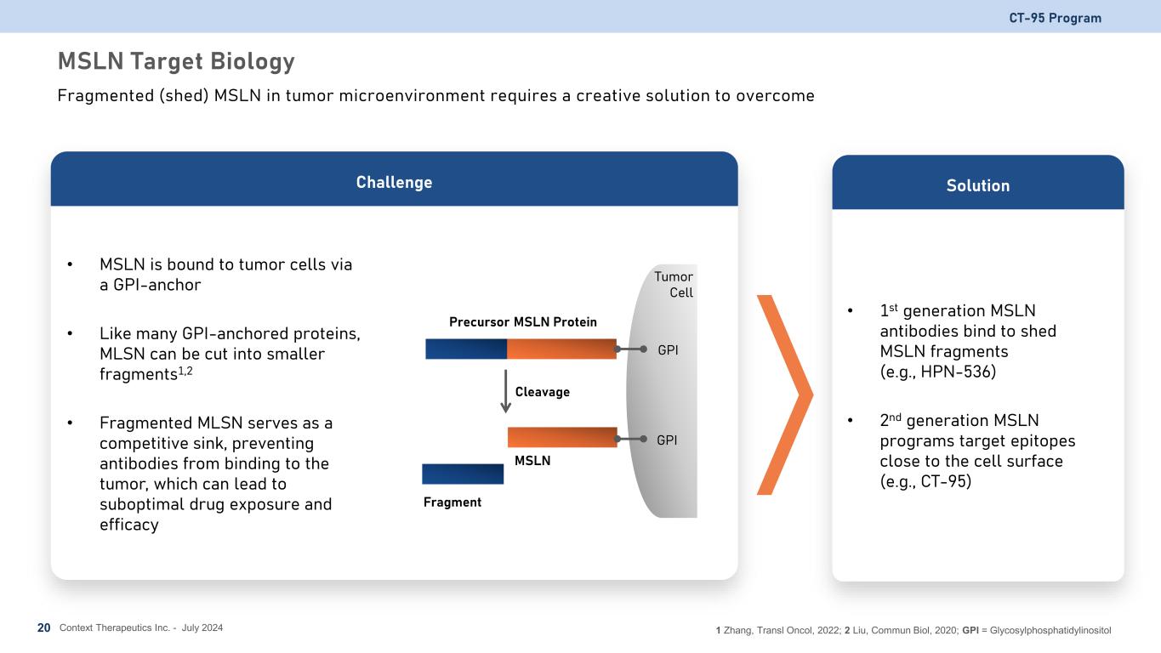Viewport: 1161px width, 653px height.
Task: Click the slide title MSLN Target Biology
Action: [176, 61]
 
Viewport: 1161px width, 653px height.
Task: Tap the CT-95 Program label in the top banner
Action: [1055, 18]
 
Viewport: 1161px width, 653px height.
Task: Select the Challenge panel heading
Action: [394, 183]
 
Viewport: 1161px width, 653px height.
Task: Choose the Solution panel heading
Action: [978, 185]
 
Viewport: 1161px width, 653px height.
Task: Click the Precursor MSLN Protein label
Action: [523, 322]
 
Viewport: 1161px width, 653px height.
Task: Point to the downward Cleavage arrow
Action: [506, 391]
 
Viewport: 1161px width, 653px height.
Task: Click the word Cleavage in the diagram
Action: [542, 392]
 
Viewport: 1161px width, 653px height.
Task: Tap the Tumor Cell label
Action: [674, 285]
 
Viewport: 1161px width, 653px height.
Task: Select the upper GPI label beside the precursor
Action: [668, 350]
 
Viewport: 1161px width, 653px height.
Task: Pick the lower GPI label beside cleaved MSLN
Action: [667, 440]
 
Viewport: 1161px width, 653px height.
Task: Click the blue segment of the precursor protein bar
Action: [466, 349]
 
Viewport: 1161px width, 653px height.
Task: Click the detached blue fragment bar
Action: [463, 474]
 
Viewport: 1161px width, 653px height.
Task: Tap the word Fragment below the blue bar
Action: [452, 503]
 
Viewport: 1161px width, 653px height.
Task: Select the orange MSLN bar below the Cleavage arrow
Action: [562, 437]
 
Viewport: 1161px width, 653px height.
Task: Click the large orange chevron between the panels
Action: [785, 395]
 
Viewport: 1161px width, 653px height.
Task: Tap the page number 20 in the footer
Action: [43, 627]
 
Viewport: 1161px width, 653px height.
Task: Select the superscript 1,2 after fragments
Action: [185, 371]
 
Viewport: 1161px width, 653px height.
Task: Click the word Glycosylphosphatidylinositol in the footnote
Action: [1050, 630]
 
